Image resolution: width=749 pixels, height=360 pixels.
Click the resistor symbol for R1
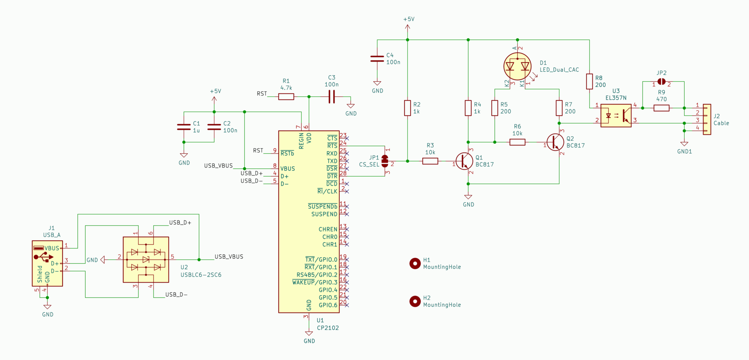tap(286, 97)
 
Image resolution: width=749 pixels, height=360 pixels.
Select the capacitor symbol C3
tap(331, 97)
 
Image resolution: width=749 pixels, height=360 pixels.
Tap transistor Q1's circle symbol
tap(464, 161)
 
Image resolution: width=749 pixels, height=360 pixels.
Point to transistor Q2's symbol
tap(555, 142)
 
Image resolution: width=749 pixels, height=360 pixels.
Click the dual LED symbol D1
tap(517, 66)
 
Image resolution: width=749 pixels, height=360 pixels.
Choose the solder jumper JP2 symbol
tap(662, 81)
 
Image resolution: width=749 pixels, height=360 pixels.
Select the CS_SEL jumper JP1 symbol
tap(385, 161)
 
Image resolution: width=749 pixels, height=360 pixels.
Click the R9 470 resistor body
tap(662, 108)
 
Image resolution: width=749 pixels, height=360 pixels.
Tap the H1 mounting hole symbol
tap(415, 263)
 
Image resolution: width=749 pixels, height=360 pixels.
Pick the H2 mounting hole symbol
tap(415, 301)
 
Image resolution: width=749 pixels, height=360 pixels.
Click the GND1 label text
tap(685, 151)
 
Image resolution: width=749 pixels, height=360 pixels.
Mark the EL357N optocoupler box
tap(616, 116)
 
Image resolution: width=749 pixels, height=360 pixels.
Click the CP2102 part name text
tap(328, 328)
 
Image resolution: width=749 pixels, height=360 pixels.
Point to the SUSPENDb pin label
tap(323, 206)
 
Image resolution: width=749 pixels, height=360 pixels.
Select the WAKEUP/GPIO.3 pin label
tap(315, 282)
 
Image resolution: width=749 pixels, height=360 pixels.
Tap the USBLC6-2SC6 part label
tap(201, 275)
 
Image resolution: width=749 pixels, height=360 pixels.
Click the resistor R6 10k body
tap(517, 142)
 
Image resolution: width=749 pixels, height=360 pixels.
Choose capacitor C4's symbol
tap(377, 59)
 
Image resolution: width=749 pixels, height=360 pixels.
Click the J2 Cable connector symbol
tap(707, 119)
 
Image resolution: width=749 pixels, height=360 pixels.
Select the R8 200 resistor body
tap(590, 81)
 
